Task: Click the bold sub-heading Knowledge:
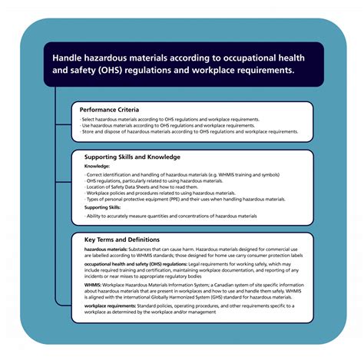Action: pos(98,166)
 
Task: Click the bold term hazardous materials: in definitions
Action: pos(107,249)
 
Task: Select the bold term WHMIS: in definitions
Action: pos(94,282)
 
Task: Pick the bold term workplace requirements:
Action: pos(111,305)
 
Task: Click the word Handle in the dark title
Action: pos(68,56)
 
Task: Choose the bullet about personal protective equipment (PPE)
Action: pos(184,199)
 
